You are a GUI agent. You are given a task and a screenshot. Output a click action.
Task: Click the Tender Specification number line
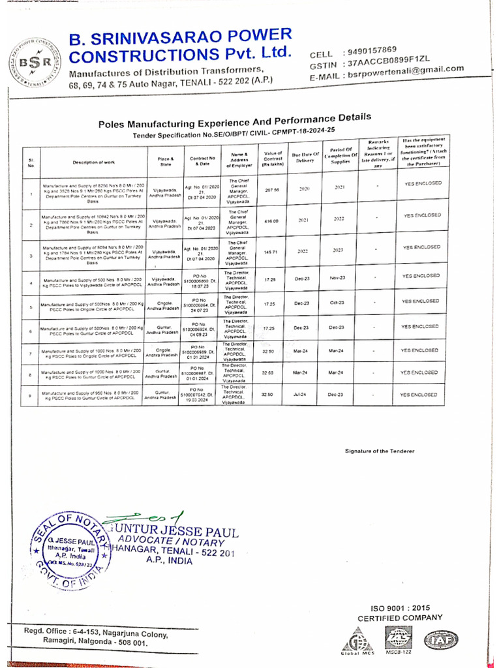[x=238, y=133]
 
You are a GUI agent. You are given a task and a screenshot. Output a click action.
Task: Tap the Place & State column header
[x=165, y=159]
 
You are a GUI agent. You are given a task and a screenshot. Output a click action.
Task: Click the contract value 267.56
[x=271, y=190]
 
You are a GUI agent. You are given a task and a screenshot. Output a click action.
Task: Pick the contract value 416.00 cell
[x=271, y=221]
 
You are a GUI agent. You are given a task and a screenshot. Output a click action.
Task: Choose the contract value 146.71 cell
[x=271, y=252]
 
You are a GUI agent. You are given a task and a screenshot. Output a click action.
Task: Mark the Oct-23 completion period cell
[x=337, y=303]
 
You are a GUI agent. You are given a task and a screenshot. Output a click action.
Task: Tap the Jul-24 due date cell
[x=301, y=395]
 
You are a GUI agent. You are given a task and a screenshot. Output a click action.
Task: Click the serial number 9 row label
[x=30, y=395]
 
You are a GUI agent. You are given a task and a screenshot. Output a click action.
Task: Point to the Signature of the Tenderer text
[x=379, y=451]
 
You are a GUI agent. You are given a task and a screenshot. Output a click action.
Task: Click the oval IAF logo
[x=440, y=639]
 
